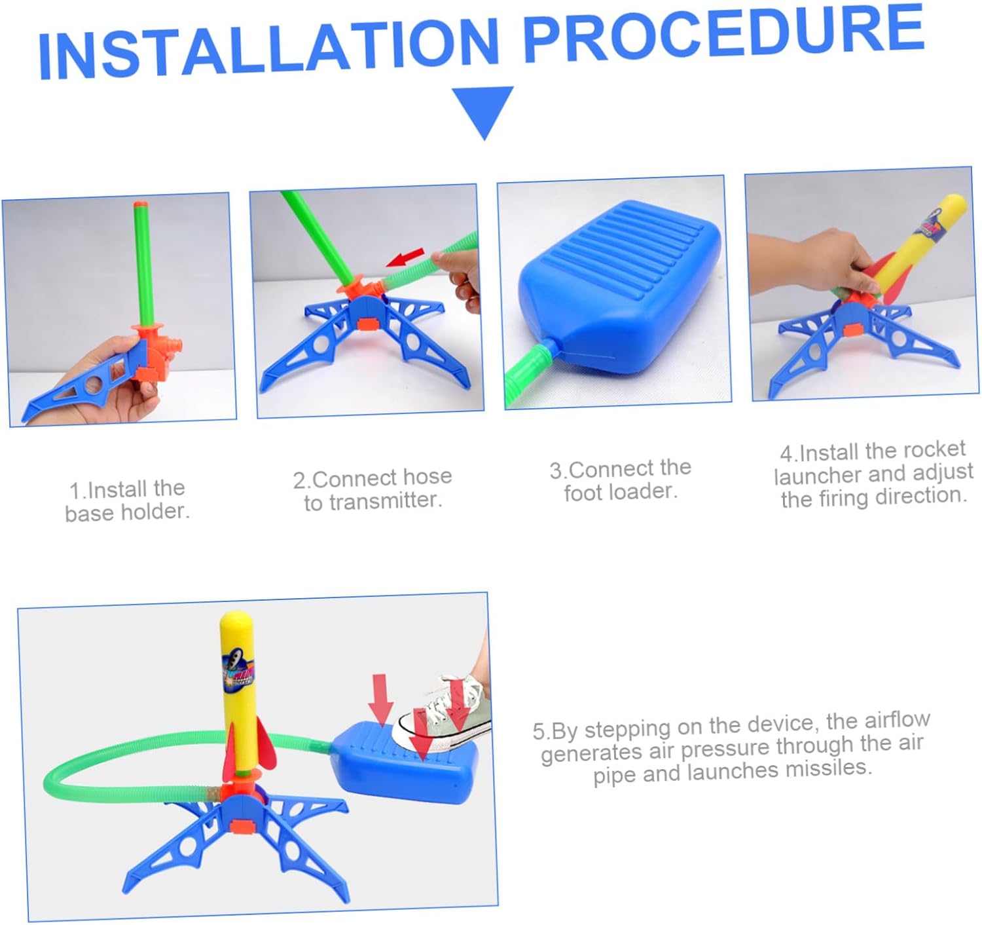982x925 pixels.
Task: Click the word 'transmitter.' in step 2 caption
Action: [373, 500]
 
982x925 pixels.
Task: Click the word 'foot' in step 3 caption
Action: [583, 493]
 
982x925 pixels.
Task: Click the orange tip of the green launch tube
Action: [141, 205]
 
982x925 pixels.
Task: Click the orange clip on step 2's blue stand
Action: [367, 324]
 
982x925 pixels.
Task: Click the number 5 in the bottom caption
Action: [539, 732]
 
